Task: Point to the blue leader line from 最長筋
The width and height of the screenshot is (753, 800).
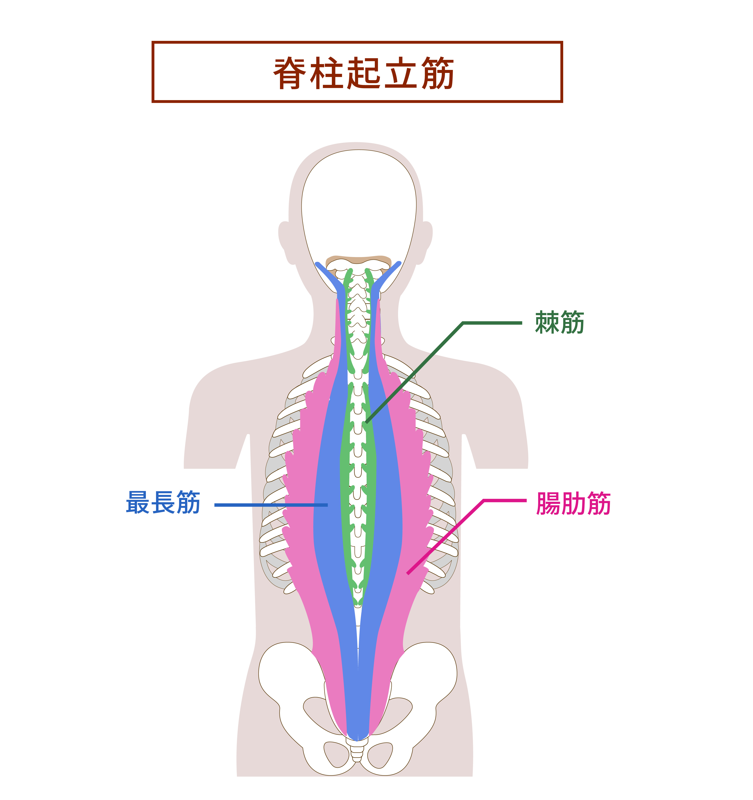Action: click(x=271, y=505)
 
